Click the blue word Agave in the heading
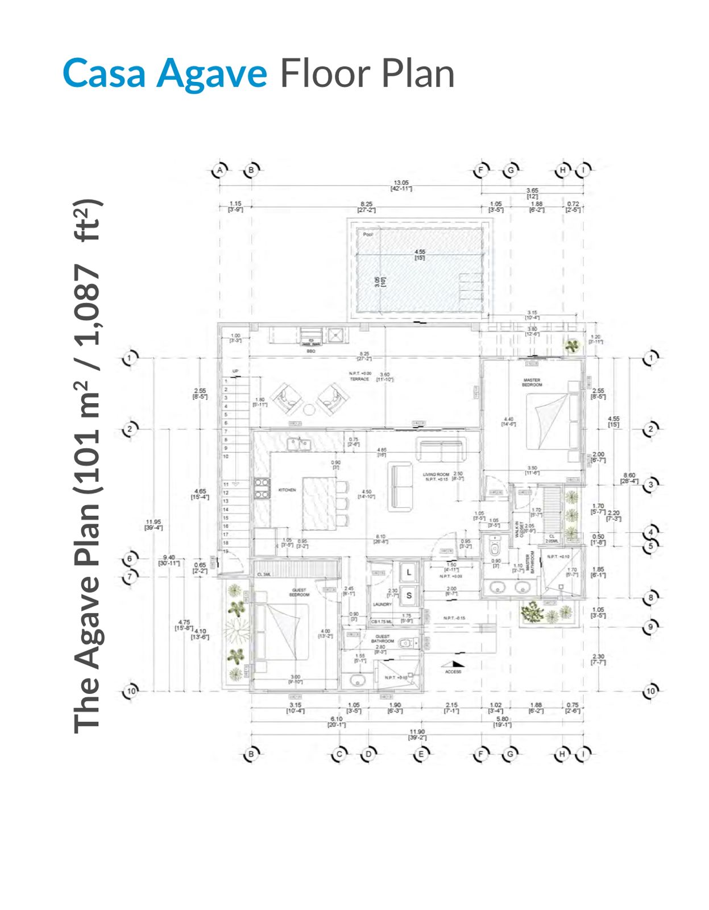(212, 74)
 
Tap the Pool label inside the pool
(368, 234)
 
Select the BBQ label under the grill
(311, 351)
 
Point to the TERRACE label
(359, 379)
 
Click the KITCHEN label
(287, 490)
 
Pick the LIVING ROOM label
(436, 474)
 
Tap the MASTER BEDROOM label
(532, 382)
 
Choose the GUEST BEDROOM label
(299, 593)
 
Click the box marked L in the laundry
(409, 572)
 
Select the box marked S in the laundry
(409, 595)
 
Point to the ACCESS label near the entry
(453, 672)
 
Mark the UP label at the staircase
(235, 371)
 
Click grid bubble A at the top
(220, 169)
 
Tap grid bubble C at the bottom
(339, 755)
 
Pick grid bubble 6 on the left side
(130, 559)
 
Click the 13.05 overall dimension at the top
(401, 183)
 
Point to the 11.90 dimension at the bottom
(417, 732)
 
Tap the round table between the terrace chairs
(309, 409)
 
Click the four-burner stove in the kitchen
(262, 488)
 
